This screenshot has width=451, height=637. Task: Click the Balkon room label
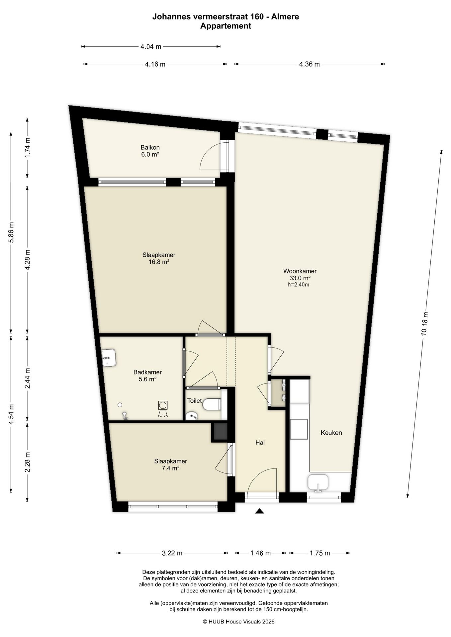pos(150,147)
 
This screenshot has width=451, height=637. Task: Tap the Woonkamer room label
pos(300,271)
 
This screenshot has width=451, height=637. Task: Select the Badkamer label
pos(147,372)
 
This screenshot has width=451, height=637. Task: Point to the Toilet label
pos(194,401)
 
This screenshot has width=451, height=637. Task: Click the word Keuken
pos(331,433)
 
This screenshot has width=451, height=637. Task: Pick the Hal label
pos(260,443)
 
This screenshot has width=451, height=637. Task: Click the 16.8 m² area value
pos(159,262)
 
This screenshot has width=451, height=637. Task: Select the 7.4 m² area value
pos(170,468)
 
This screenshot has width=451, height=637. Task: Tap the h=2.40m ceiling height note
pos(298,285)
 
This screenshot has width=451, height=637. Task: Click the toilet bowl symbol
pos(212,404)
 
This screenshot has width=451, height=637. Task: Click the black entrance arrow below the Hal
pos(259,511)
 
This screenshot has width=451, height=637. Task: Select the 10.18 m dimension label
pos(424,324)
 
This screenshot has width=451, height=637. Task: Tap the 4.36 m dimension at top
pos(310,64)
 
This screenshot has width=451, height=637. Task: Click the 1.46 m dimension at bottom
pos(260,553)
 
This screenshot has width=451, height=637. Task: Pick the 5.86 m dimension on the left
pos(11,232)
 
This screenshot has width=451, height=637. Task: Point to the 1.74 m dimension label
pos(28,148)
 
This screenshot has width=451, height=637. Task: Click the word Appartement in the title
pos(225,26)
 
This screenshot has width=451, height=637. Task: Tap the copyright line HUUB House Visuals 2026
pos(239,622)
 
